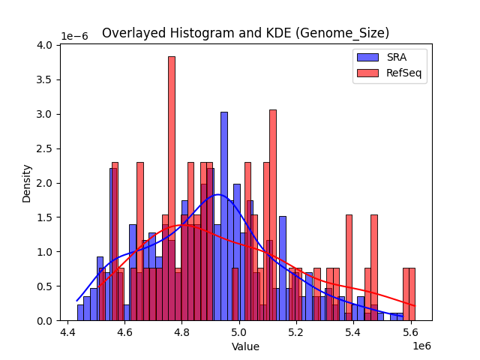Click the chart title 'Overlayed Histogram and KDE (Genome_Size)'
tap(245, 33)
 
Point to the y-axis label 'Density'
tap(27, 183)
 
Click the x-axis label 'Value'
tap(245, 346)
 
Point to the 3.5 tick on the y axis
tap(45, 79)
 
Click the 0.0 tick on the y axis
tap(45, 321)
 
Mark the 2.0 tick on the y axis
tap(45, 183)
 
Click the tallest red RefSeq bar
tap(171, 187)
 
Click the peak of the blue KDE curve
tap(217, 195)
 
